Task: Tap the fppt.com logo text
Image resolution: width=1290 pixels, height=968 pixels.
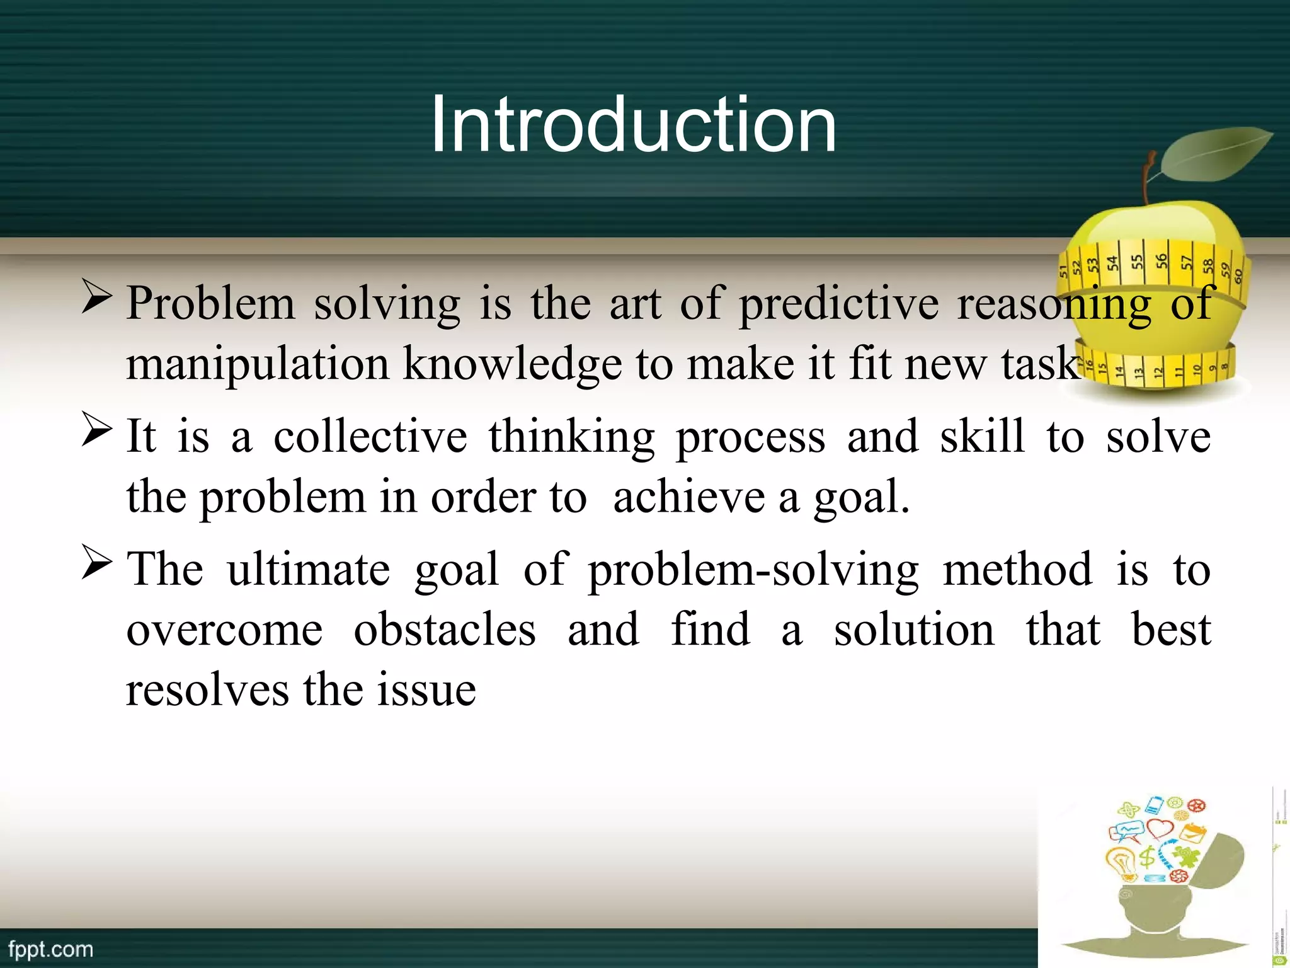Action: pyautogui.click(x=50, y=949)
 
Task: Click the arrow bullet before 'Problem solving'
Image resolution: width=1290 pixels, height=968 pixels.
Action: pyautogui.click(x=96, y=299)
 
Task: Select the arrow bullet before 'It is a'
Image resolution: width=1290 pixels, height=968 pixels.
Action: pyautogui.click(x=96, y=432)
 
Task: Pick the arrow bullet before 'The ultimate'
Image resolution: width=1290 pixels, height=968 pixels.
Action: pyautogui.click(x=96, y=564)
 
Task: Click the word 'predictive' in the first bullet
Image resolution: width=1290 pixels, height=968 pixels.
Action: pyautogui.click(x=838, y=304)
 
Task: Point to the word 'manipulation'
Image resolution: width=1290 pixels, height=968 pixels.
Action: pyautogui.click(x=258, y=365)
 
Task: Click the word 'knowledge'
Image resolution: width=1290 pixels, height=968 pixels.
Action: pyautogui.click(x=512, y=365)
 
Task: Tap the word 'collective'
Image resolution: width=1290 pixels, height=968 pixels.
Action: pyautogui.click(x=370, y=437)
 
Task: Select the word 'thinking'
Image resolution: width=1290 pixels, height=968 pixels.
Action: pyautogui.click(x=571, y=437)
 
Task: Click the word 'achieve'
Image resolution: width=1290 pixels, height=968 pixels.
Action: pyautogui.click(x=688, y=497)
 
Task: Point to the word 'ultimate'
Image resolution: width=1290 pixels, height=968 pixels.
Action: pyautogui.click(x=308, y=569)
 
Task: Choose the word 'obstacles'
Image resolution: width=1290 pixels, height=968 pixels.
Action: pyautogui.click(x=445, y=629)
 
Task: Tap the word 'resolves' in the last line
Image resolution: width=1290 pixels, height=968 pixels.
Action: pyautogui.click(x=207, y=689)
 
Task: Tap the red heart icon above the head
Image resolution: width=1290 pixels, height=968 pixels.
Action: pyautogui.click(x=1159, y=827)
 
